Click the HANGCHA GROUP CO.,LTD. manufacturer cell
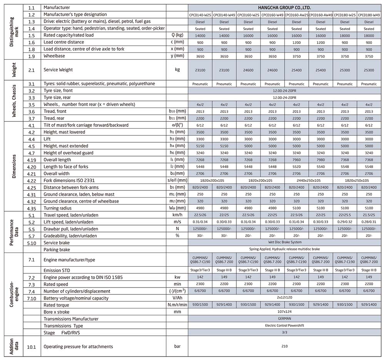284,7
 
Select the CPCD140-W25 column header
200,15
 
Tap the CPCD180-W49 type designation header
369,15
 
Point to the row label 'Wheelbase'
54,56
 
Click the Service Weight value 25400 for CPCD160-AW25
296,70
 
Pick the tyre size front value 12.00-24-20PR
284,91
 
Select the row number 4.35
32,208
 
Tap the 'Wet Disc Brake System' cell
284,243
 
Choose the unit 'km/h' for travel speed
177,215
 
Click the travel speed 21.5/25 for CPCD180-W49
369,215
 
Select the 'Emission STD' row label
57,271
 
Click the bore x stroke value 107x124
284,312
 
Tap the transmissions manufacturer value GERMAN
284,319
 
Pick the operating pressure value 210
284,347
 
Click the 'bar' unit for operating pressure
177,347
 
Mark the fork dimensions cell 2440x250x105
309,180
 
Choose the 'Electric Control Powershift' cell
284,326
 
